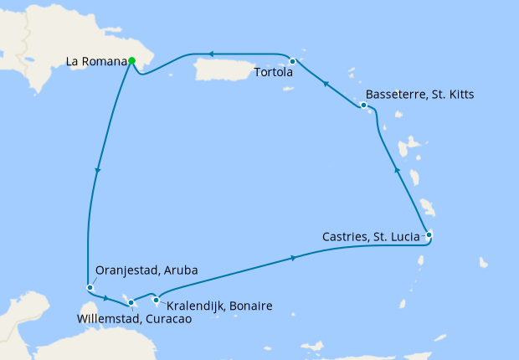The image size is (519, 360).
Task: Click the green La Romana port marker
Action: point(132,60)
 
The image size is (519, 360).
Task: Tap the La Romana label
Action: point(96,61)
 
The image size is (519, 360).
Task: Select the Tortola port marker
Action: point(292,61)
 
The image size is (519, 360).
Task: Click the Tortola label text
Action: point(272,72)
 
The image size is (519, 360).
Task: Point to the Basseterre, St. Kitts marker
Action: point(363,105)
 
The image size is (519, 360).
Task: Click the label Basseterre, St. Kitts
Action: point(420,95)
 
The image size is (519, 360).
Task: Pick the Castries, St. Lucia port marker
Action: point(429,235)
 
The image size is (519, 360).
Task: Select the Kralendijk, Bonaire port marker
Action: point(157,300)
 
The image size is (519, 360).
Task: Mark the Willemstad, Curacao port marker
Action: point(131,301)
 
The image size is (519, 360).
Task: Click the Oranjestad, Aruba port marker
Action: point(89,288)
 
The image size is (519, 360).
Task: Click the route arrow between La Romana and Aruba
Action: point(99,171)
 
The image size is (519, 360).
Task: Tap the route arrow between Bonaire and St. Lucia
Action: point(293,259)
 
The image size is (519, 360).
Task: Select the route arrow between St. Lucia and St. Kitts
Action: point(398,172)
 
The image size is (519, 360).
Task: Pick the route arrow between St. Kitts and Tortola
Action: point(325,83)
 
